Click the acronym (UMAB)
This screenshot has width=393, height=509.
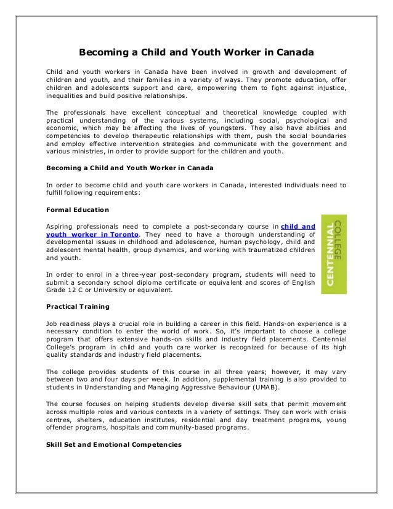[x=264, y=387]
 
